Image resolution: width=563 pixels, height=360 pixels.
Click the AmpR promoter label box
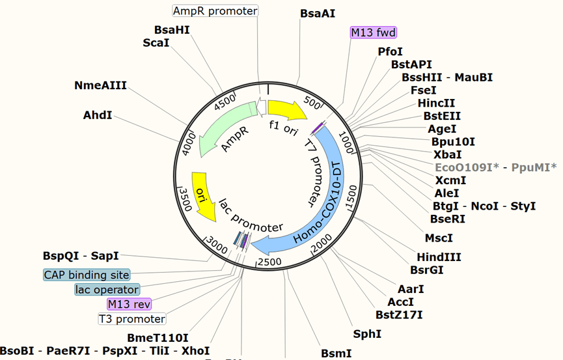pyautogui.click(x=215, y=11)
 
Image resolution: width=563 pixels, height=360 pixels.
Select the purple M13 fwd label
pyautogui.click(x=374, y=33)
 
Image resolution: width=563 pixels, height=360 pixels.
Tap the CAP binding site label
pyautogui.click(x=87, y=275)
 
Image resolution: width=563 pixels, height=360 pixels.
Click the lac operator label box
pyautogui.click(x=107, y=290)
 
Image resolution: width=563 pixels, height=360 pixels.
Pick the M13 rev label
pyautogui.click(x=129, y=304)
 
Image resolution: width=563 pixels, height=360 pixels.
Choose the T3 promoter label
pyautogui.click(x=131, y=319)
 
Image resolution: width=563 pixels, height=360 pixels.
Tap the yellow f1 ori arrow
pyautogui.click(x=287, y=109)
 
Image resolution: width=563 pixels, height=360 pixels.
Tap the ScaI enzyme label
pyautogui.click(x=156, y=43)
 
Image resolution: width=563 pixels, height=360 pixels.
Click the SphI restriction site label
pyautogui.click(x=367, y=334)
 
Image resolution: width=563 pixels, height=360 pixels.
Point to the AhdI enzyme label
pyautogui.click(x=98, y=115)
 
